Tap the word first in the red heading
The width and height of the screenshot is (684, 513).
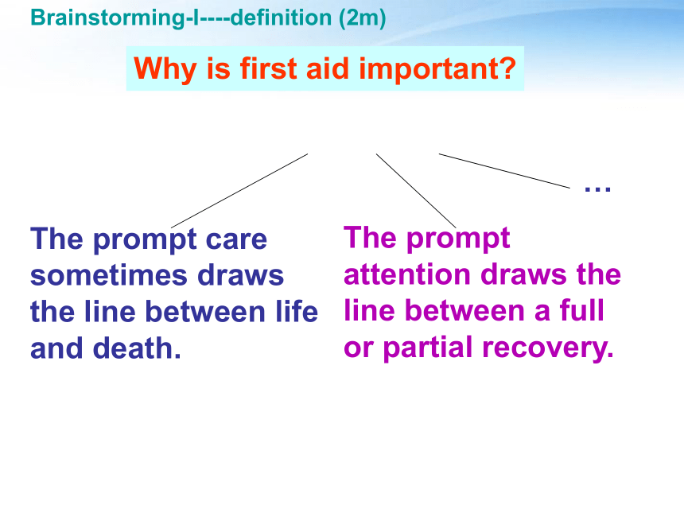(x=269, y=68)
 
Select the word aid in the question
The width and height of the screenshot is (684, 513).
(x=328, y=68)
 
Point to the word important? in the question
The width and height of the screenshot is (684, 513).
(x=437, y=69)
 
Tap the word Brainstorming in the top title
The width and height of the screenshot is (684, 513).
(x=107, y=18)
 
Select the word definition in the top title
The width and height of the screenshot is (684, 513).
(x=281, y=17)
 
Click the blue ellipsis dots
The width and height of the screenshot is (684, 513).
(x=597, y=188)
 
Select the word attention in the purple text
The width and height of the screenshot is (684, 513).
(x=407, y=274)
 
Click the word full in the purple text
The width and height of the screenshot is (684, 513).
(x=582, y=310)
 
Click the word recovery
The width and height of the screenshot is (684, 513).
(x=548, y=348)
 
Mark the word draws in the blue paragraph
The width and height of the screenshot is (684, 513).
(x=240, y=275)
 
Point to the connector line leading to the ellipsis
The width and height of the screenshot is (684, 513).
(x=504, y=170)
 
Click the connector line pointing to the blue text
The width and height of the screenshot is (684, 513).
(x=239, y=191)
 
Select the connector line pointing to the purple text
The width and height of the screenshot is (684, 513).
(x=416, y=191)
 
